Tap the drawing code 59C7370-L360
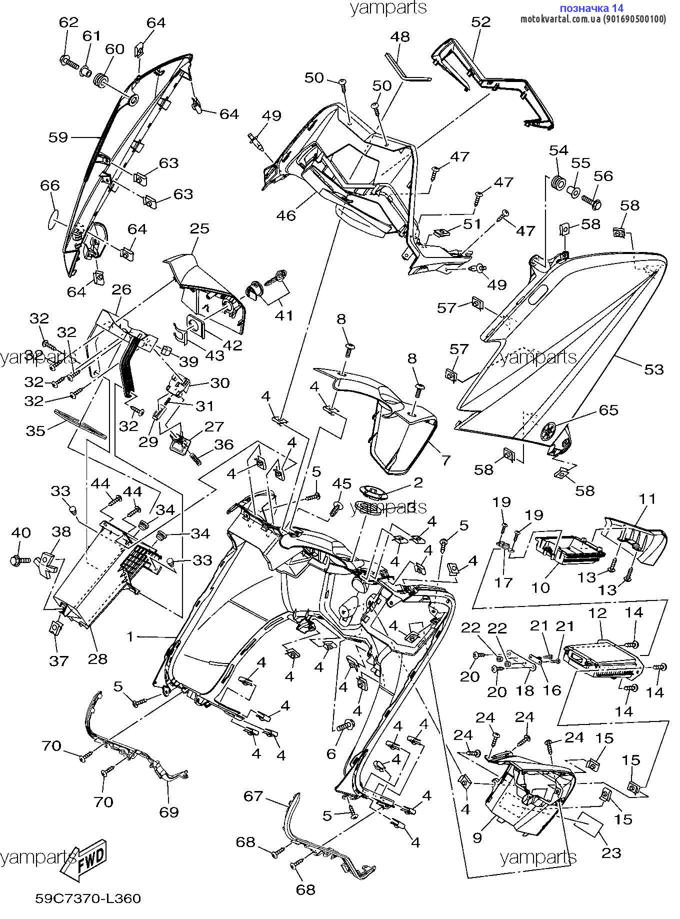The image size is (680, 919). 88,898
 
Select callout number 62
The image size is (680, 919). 69,22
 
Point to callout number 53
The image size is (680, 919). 654,369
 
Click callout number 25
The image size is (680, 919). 199,228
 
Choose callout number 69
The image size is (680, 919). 169,810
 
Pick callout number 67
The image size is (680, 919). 253,795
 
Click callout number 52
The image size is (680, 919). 481,22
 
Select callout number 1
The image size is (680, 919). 130,636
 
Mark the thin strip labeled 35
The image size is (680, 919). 80,422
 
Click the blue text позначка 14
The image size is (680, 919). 591,8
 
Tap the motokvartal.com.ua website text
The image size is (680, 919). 593,19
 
